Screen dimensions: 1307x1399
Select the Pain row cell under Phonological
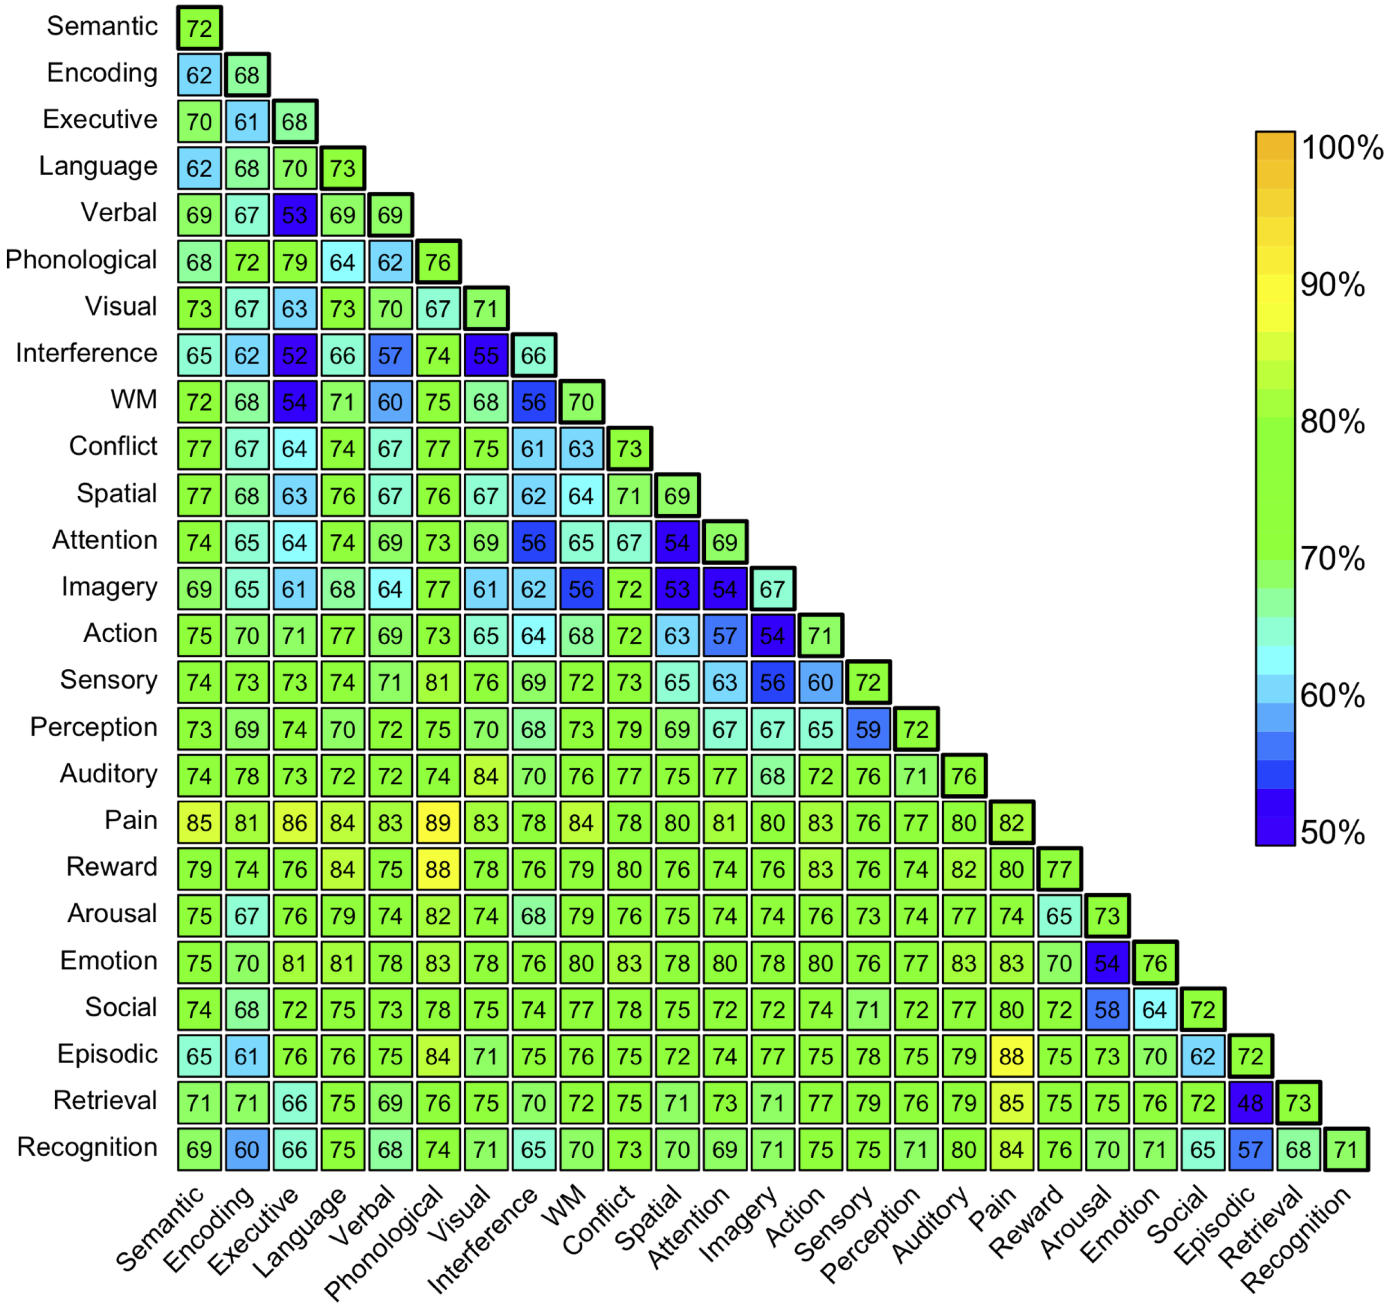tap(438, 822)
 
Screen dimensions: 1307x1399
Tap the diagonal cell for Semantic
tap(199, 28)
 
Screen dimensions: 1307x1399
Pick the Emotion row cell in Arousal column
tap(1106, 963)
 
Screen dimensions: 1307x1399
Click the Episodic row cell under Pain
tap(1011, 1057)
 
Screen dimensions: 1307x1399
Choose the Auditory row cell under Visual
tap(486, 776)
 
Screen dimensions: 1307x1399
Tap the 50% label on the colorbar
tap(1332, 833)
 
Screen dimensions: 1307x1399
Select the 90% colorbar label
tap(1332, 285)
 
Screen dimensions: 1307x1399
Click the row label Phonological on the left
tap(81, 260)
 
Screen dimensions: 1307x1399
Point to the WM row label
tap(134, 400)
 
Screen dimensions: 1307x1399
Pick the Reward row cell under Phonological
tap(438, 869)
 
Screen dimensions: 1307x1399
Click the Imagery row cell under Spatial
tap(677, 589)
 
